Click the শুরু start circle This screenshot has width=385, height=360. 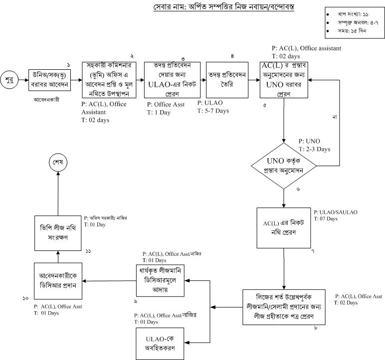[9, 80]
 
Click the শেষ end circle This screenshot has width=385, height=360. [58, 163]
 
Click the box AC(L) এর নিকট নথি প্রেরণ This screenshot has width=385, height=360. [283, 228]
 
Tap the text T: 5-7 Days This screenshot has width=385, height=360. [213, 111]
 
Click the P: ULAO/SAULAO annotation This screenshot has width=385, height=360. [336, 212]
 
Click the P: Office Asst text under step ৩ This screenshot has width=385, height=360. [166, 105]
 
